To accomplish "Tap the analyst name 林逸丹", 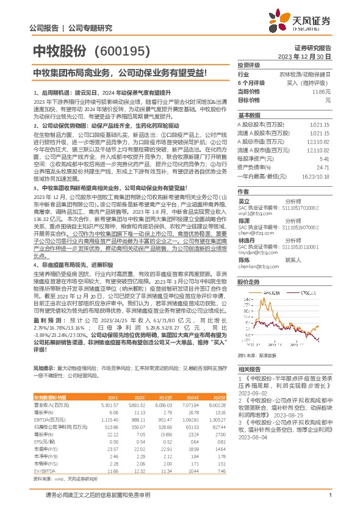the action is [245, 241].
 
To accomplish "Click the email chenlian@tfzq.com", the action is [257, 267].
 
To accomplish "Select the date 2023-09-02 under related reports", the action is [254, 396].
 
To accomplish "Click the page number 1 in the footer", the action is [330, 495].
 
